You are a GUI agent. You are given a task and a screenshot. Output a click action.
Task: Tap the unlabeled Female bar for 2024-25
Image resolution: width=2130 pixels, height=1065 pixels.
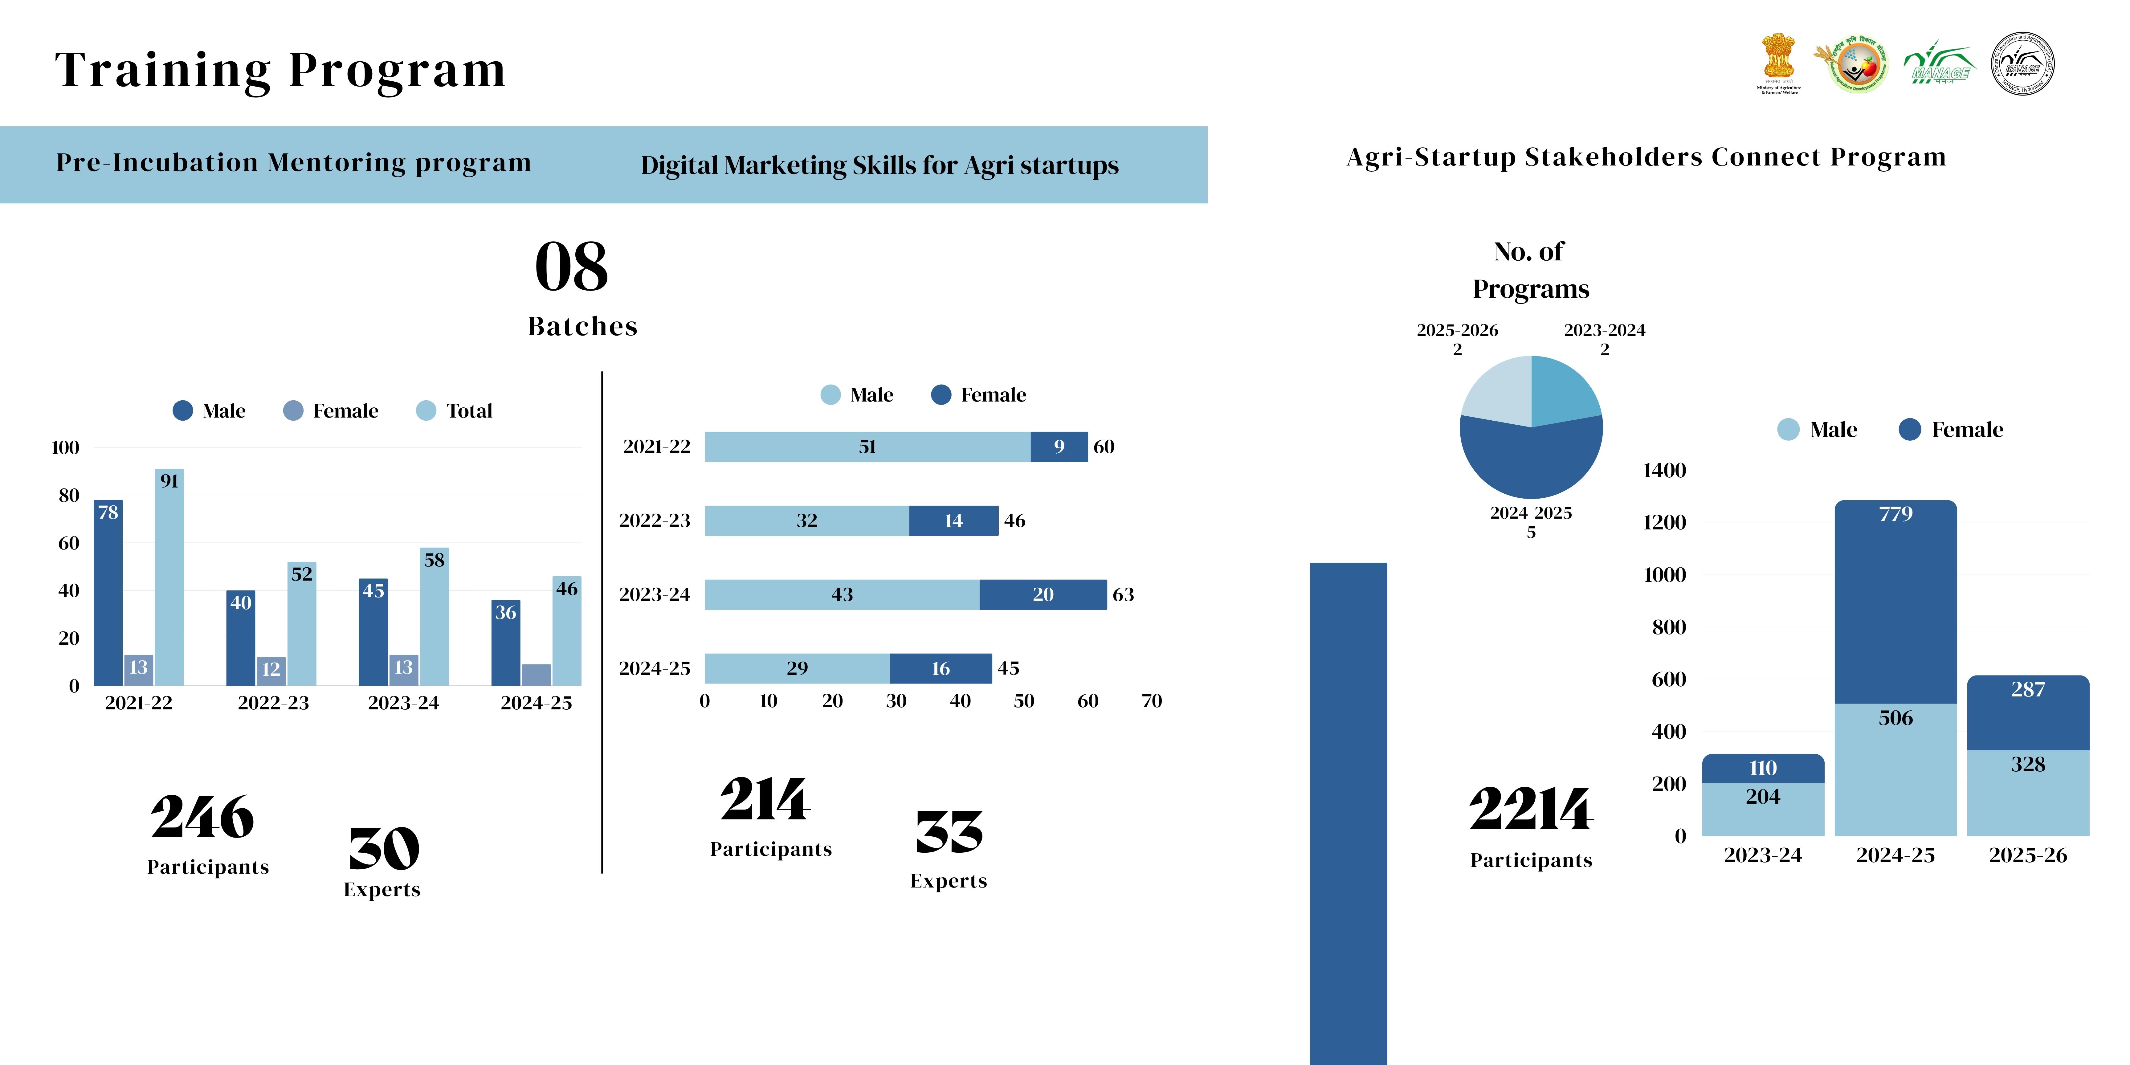(x=536, y=675)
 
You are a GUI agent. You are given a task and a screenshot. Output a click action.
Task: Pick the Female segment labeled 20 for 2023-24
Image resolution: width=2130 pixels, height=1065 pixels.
(x=1043, y=594)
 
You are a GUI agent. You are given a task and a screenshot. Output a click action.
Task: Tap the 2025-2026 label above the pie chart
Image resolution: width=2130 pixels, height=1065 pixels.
(x=1457, y=330)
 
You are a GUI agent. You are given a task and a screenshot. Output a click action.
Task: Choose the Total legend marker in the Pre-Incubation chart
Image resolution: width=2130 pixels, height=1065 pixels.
(x=426, y=411)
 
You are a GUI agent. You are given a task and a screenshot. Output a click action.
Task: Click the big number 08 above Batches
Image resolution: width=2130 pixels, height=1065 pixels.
(x=571, y=267)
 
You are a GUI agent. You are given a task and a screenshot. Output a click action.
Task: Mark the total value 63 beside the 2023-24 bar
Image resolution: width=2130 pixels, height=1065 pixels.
(x=1123, y=594)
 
